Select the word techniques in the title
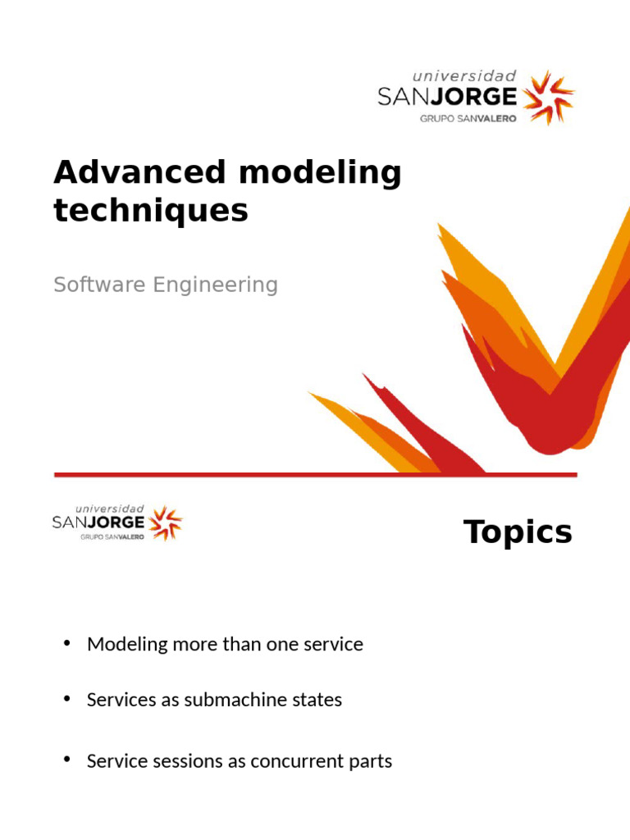(150, 211)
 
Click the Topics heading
(518, 532)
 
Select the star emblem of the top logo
(549, 97)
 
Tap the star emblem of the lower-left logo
(166, 523)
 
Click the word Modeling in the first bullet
(127, 645)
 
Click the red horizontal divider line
(315, 475)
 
